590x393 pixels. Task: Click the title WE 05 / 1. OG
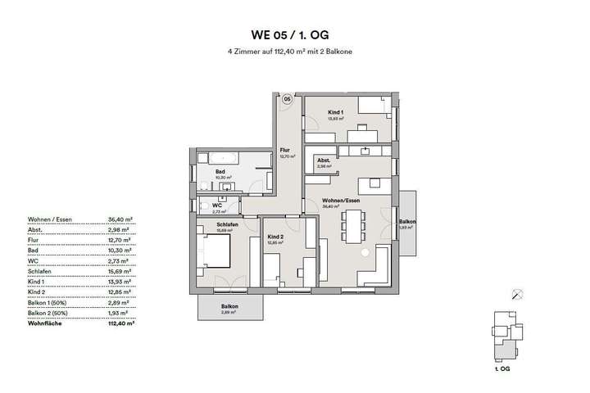tap(294, 35)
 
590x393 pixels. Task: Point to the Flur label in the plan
tap(285, 150)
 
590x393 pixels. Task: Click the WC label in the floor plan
tap(217, 206)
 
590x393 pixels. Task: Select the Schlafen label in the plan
tap(227, 224)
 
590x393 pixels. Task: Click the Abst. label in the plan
tap(323, 160)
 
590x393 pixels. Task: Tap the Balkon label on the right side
tap(407, 222)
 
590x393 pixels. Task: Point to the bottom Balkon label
tap(229, 306)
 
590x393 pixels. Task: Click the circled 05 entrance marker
tap(288, 99)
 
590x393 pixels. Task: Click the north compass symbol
tap(517, 295)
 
